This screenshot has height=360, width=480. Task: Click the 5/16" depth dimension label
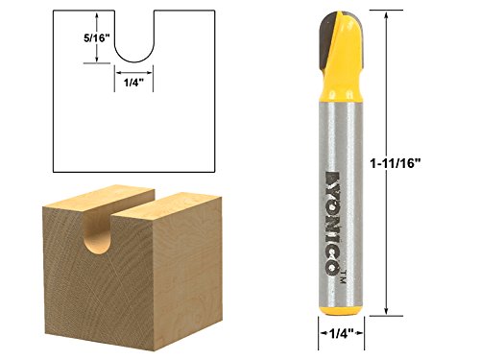(97, 38)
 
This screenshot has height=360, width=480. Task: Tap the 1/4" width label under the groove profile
(133, 83)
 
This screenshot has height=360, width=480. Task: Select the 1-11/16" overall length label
(395, 164)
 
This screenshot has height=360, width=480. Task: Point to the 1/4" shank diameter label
(341, 334)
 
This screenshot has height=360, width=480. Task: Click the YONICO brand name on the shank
(333, 222)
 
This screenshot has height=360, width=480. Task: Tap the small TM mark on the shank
(343, 276)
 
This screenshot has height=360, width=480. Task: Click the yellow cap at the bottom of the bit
(341, 311)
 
